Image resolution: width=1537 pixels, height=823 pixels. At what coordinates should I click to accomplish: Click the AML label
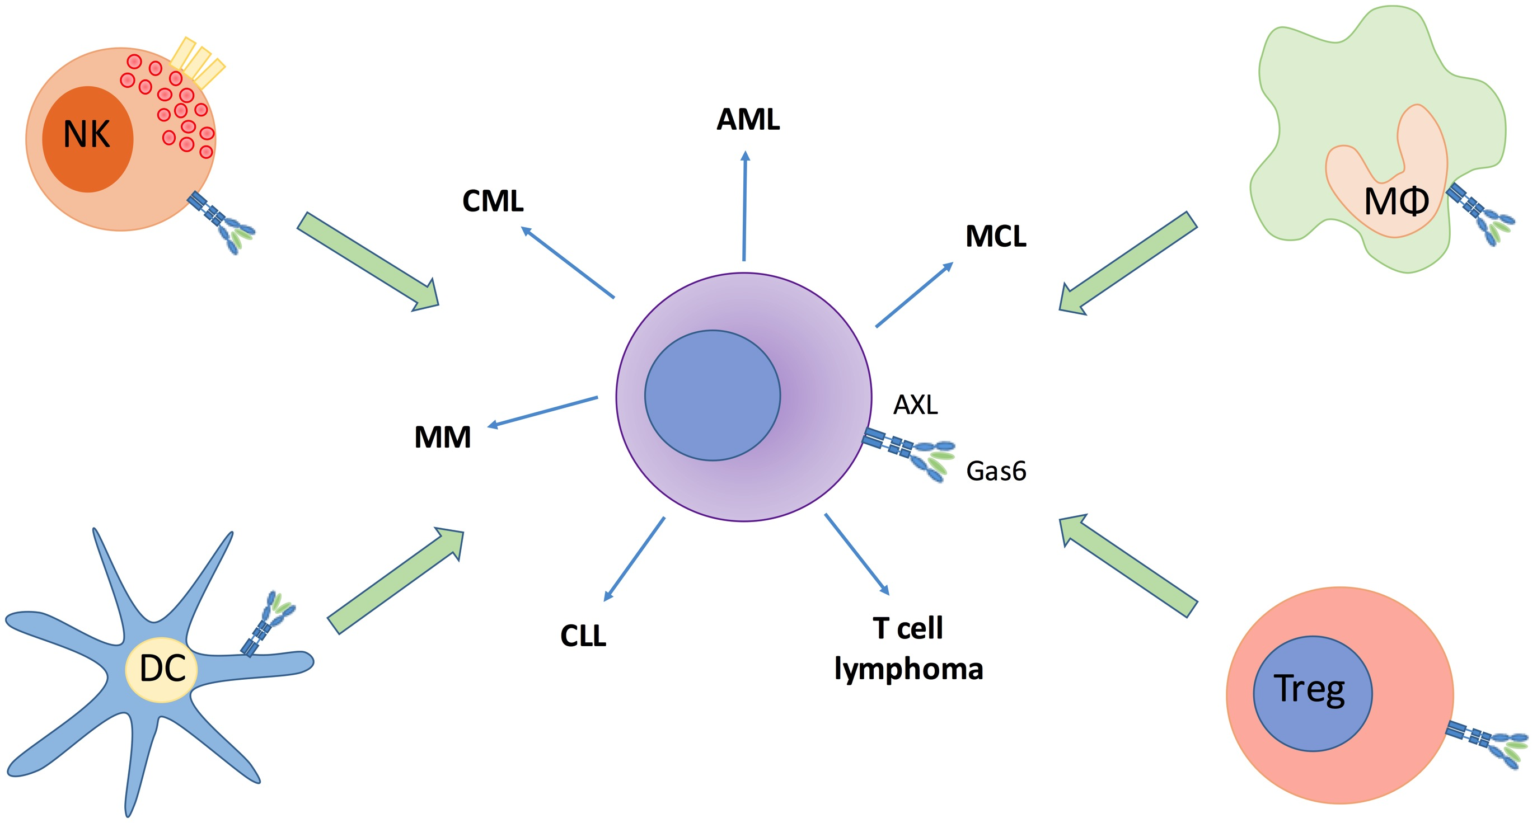coord(748,119)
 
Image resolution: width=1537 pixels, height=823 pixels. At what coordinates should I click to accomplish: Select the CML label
coord(493,201)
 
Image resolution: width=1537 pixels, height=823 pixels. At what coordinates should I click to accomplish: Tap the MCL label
coord(995,236)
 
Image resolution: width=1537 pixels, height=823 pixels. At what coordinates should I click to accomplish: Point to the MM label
coord(442,437)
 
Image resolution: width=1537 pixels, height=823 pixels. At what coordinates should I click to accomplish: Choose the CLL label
coord(582,636)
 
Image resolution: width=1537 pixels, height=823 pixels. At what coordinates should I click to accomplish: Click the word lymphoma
coord(908,669)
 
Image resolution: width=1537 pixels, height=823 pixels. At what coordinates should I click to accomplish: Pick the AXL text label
coord(915,405)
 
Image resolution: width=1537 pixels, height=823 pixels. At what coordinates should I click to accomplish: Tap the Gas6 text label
coord(995,471)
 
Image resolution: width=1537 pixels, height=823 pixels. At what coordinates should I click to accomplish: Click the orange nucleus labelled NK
coord(87,139)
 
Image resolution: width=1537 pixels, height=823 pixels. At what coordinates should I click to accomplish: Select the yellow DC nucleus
coord(161,669)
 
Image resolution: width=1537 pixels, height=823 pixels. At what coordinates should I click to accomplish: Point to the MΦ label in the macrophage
coord(1396,201)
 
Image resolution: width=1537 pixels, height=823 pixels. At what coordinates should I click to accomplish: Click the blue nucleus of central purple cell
coord(712,396)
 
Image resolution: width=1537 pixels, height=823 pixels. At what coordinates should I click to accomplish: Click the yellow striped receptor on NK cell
coord(197,63)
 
